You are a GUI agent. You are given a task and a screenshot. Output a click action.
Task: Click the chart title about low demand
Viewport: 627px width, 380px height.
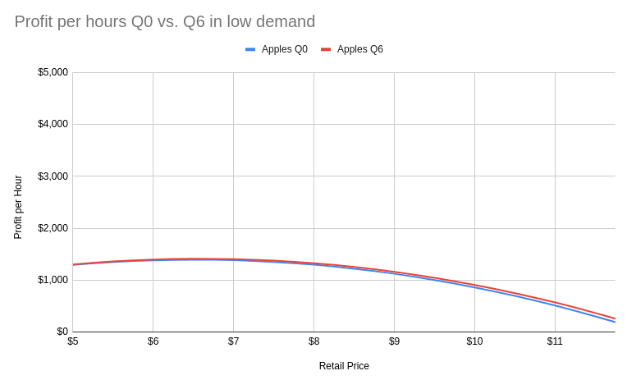(x=164, y=22)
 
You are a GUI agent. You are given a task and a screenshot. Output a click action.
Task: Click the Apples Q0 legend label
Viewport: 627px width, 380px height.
(x=284, y=49)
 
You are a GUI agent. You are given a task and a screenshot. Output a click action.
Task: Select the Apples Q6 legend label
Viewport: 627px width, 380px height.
(x=359, y=49)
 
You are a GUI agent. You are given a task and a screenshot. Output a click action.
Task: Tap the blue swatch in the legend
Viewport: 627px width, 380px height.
(x=250, y=49)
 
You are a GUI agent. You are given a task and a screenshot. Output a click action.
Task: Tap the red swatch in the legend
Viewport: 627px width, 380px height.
(x=326, y=49)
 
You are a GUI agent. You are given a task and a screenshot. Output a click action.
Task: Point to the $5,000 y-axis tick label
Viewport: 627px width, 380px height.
(x=53, y=72)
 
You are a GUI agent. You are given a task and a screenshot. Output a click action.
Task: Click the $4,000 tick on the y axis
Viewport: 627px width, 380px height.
(x=53, y=124)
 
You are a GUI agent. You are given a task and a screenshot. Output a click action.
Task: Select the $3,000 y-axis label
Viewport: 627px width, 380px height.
(x=53, y=176)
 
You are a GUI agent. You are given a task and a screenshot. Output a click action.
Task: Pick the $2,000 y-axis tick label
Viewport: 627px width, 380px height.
(x=53, y=228)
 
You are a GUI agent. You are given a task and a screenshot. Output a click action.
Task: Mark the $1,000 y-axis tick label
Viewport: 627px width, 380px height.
(x=53, y=280)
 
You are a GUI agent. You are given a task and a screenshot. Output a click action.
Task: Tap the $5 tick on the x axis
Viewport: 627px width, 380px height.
(x=73, y=341)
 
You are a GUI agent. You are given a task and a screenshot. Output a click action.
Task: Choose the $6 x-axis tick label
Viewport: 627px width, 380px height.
(x=153, y=341)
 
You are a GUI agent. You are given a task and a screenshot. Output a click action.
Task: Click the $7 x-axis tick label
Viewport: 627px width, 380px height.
(x=234, y=341)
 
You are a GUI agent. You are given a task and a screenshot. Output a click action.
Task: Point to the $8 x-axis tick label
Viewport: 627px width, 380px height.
(x=314, y=341)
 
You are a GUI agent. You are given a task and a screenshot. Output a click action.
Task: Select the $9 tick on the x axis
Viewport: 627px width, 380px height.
(x=395, y=341)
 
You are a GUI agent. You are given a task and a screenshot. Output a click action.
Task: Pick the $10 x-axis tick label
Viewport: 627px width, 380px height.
(x=474, y=341)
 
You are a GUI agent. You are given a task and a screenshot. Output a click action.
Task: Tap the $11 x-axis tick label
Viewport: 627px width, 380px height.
(x=555, y=341)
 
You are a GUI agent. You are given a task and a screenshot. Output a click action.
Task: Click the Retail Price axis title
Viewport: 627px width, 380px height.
(x=344, y=366)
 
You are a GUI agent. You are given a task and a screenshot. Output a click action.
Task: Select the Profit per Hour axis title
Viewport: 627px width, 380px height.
(x=18, y=207)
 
